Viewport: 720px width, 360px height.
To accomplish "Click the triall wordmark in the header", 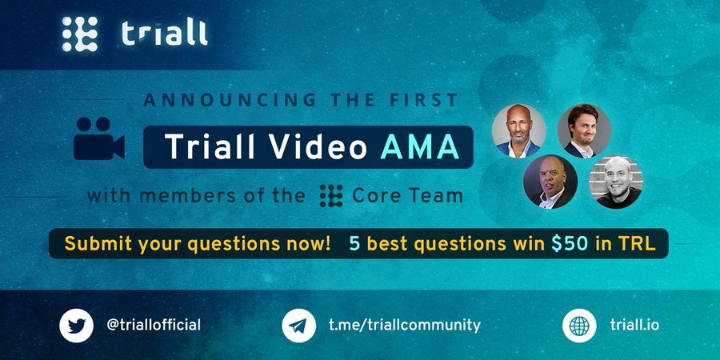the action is click(x=165, y=34).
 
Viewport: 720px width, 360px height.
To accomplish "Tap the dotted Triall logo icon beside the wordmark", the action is click(x=80, y=34).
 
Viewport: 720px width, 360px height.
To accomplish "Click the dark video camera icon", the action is click(x=98, y=138).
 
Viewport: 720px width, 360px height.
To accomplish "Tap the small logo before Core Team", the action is click(x=331, y=196).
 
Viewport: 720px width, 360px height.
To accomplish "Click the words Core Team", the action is click(x=407, y=196).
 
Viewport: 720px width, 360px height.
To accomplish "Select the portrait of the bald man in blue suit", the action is click(x=518, y=131).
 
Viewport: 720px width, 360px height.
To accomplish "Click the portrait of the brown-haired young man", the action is click(x=584, y=131).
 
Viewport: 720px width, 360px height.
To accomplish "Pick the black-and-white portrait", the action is click(x=616, y=182).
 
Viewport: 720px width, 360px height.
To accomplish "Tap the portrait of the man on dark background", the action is click(x=550, y=182).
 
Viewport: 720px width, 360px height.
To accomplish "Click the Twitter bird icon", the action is click(x=76, y=326).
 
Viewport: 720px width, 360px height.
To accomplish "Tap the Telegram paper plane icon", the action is click(x=298, y=326).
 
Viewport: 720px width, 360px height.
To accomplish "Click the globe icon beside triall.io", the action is click(x=579, y=326).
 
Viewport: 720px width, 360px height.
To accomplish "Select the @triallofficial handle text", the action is click(x=154, y=325).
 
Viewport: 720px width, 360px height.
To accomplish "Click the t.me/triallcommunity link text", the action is click(x=405, y=326).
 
